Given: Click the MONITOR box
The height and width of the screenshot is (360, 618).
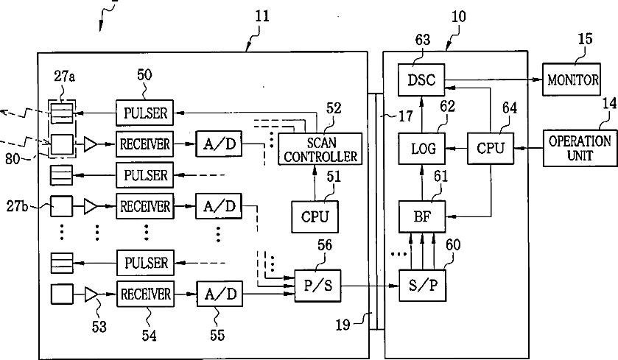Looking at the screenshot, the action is tap(572, 80).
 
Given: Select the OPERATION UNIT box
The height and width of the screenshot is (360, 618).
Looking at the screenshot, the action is tap(580, 148).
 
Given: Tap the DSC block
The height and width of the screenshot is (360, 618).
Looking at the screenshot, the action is tap(421, 80).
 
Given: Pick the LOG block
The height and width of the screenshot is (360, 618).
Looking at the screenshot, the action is tap(422, 149).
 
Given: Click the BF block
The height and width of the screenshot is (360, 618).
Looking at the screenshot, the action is tap(422, 216).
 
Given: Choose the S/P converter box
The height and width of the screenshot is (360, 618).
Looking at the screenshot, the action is tap(423, 286).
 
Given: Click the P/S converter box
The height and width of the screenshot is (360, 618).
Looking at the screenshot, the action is tap(317, 286).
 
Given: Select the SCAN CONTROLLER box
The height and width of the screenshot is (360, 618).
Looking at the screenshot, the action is tap(320, 149).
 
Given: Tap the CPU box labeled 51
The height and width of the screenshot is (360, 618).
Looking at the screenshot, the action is tap(315, 216).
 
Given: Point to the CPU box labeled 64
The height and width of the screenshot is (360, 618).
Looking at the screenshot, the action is tap(491, 149).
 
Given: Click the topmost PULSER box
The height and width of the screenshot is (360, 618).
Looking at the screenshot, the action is tap(144, 113).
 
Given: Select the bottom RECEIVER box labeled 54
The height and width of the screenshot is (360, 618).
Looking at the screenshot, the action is tap(145, 294).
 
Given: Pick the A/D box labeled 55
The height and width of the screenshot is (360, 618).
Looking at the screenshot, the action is tap(220, 294).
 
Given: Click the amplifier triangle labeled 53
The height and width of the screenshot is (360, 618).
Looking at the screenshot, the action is tap(91, 294).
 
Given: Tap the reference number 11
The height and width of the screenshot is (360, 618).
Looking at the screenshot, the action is tap(261, 16).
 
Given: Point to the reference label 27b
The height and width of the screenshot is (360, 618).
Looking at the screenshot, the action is tap(17, 206).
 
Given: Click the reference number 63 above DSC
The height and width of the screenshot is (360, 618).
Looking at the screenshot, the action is tap(423, 40).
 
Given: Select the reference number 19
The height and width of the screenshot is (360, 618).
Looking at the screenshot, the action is tap(343, 325).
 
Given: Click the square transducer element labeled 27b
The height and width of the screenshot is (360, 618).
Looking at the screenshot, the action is tap(61, 206).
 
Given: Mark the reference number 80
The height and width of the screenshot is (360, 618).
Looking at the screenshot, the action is tap(13, 159).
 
